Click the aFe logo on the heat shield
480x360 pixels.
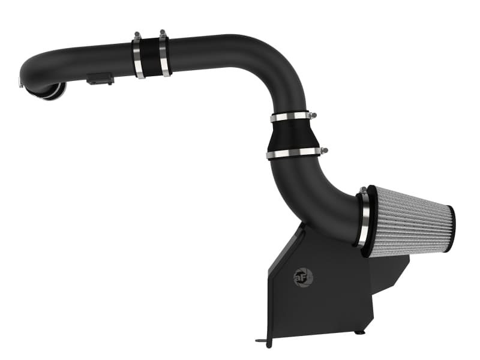pyautogui.click(x=303, y=277)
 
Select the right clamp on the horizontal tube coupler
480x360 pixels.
pyautogui.click(x=164, y=55)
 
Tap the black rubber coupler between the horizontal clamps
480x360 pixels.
pyautogui.click(x=151, y=57)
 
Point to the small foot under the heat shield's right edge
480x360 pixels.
pyautogui.click(x=358, y=331)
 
